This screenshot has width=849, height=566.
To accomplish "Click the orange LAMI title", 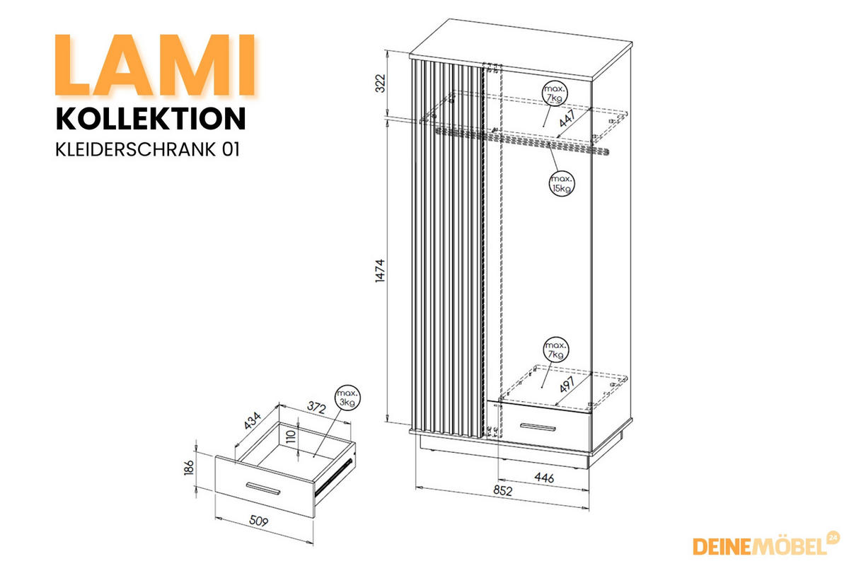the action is coord(156,65).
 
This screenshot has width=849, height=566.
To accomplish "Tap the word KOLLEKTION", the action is coord(151,119).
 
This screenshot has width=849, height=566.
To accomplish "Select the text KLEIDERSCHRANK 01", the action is coord(147,149).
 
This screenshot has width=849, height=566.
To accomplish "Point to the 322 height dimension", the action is coord(380,83).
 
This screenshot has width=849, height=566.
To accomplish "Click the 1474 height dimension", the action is coord(380,271).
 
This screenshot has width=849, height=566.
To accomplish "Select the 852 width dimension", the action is coord(502,490).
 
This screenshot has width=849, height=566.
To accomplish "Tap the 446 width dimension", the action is coord(544,478).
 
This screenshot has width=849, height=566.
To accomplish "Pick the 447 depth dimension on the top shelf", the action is coord(567,118).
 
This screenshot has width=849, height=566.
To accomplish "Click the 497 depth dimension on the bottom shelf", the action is coord(567,384).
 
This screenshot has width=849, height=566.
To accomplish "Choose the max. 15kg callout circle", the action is coord(562,184).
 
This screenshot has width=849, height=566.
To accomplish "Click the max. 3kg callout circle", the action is coord(347,398).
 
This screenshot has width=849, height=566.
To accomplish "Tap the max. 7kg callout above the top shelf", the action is coord(555,93).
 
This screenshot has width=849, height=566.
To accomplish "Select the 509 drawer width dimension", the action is coord(258,521).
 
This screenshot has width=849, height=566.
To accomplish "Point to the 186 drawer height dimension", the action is coord(189,468).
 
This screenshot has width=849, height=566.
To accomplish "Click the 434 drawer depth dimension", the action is coord(253,420).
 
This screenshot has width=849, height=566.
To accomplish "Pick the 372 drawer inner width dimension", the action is coord(316,407).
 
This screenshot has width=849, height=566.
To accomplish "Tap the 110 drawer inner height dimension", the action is coord(291,437).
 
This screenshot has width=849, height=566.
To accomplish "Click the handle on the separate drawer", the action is coord(263,488).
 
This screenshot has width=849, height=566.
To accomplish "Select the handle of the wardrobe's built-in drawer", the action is coord(538,427).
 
